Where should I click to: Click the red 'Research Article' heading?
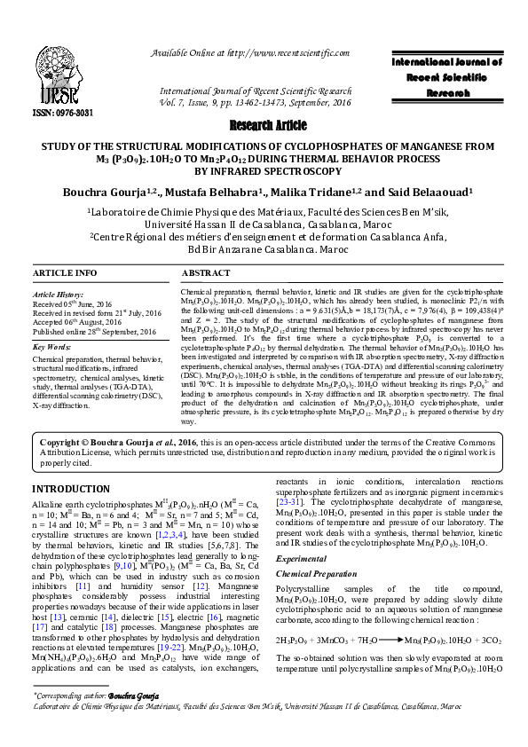(264, 124)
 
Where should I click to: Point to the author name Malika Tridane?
(333, 189)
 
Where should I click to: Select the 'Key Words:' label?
(51, 348)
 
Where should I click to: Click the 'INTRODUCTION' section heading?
(71, 489)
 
